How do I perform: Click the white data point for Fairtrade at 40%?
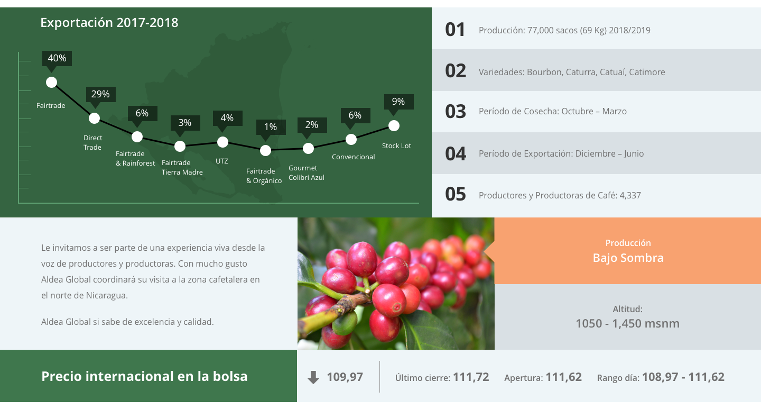51,83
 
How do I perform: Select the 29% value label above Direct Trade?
100,94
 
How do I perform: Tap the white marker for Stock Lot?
394,125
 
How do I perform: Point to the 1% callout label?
271,127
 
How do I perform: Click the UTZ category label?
222,161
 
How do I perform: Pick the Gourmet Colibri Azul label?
307,172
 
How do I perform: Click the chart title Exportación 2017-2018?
109,22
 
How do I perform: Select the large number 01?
455,30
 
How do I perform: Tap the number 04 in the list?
456,153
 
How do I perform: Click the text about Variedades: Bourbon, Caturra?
572,72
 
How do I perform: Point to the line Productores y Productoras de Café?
560,195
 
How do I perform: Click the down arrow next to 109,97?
313,377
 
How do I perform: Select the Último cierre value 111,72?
471,377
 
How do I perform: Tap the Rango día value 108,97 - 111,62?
683,377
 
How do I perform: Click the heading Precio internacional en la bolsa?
144,376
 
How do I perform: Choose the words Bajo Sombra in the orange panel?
628,258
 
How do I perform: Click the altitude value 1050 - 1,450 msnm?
627,323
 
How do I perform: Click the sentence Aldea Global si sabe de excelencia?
127,322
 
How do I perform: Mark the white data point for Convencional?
351,139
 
